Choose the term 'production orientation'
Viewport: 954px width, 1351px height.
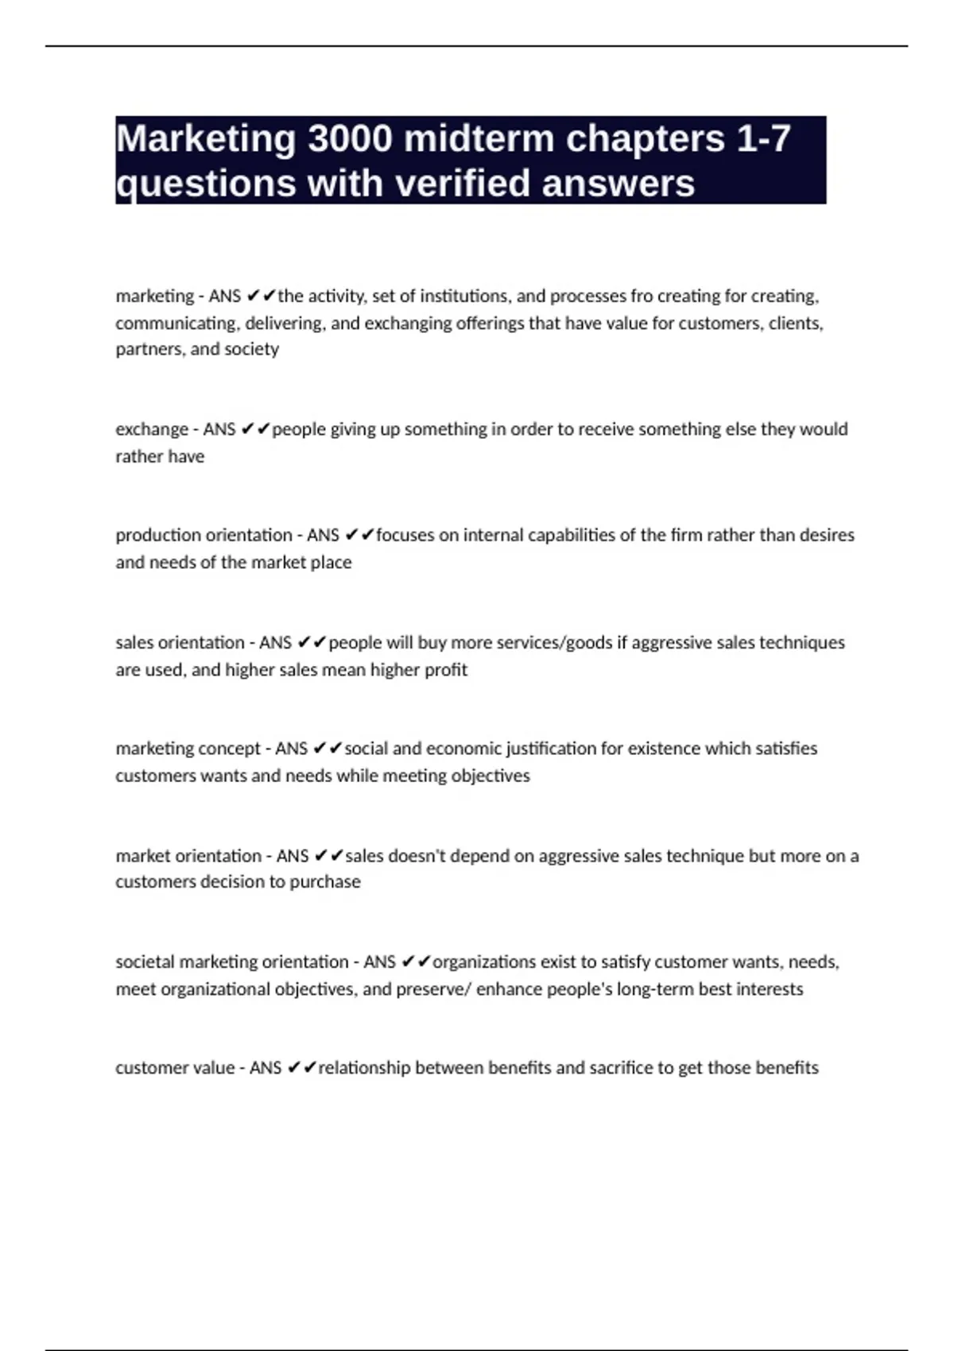[x=204, y=535]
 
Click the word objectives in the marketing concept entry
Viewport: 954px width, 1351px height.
[x=491, y=776]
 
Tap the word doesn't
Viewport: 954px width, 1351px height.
[x=426, y=856]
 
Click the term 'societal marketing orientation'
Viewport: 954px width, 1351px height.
[x=232, y=962]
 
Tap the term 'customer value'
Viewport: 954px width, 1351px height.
[x=175, y=1068]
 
